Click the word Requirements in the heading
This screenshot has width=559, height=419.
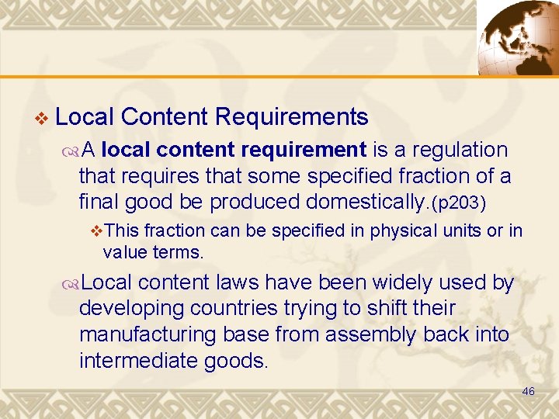click(x=291, y=117)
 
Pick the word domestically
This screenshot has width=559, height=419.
click(x=363, y=202)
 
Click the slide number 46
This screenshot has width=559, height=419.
click(x=528, y=392)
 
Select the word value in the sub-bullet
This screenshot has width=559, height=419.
click(x=123, y=251)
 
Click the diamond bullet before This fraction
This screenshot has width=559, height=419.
click(x=97, y=230)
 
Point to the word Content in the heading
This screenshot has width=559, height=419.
click(x=164, y=117)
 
